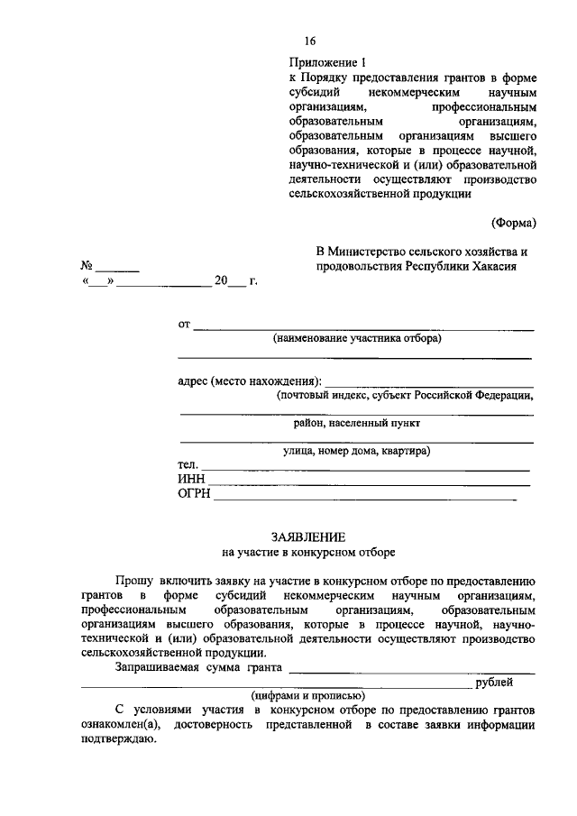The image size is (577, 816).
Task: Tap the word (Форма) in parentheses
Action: [x=513, y=222]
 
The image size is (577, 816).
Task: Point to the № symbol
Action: [x=87, y=267]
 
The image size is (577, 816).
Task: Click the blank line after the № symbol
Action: [x=118, y=270]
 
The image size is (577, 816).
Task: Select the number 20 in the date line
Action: [x=221, y=281]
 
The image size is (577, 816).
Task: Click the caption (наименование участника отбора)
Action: [x=358, y=339]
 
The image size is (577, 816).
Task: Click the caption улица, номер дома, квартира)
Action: [x=356, y=450]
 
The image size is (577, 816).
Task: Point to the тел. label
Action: [x=188, y=464]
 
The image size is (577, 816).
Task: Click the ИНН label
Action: [x=192, y=479]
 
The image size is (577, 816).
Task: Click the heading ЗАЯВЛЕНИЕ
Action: [x=309, y=536]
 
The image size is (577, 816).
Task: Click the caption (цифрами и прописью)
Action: [x=309, y=695]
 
